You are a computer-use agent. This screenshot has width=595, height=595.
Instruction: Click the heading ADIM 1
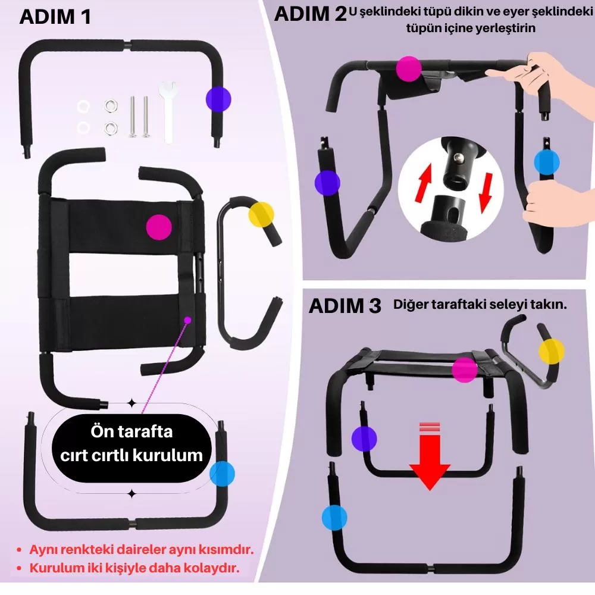click(55, 16)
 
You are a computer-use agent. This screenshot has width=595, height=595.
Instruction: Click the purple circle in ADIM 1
click(218, 99)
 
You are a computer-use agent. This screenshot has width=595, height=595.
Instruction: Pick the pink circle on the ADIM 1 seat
click(159, 227)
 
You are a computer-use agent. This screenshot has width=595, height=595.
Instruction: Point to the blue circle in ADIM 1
click(222, 474)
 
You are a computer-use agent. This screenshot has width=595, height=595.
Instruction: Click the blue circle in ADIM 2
click(547, 161)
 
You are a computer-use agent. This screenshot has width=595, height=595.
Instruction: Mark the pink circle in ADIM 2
click(409, 69)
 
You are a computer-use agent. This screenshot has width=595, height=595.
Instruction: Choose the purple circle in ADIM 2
click(327, 182)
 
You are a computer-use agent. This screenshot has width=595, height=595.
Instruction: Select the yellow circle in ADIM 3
click(551, 352)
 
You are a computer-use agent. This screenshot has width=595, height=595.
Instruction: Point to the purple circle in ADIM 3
click(364, 439)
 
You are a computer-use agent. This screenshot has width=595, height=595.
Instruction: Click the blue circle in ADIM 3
click(334, 517)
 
